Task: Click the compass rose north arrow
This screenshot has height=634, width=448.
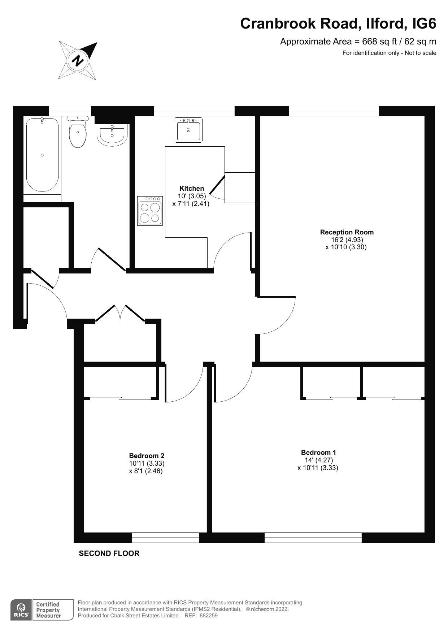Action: (x=78, y=60)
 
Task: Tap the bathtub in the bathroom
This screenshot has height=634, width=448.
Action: (x=42, y=155)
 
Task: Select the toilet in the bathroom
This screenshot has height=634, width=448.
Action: (x=78, y=133)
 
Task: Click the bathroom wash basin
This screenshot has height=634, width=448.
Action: (x=112, y=134)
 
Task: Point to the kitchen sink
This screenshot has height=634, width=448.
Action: (x=188, y=129)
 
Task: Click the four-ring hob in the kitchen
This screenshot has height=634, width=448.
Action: (x=149, y=211)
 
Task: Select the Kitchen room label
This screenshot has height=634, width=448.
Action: (x=191, y=188)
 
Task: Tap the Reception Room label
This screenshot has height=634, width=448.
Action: (x=347, y=232)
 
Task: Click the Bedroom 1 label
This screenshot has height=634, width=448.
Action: (x=318, y=452)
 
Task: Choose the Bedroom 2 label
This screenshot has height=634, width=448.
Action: (x=146, y=456)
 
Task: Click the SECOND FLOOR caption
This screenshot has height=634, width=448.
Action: (x=109, y=553)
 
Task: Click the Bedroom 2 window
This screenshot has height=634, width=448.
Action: (x=165, y=538)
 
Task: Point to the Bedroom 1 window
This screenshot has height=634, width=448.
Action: (x=313, y=538)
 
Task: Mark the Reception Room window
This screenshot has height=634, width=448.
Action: (x=334, y=111)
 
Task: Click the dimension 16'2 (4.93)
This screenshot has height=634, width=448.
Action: (x=347, y=240)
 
